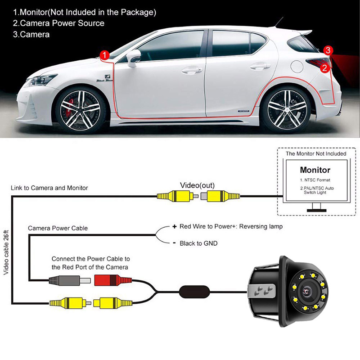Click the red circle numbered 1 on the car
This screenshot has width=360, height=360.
click(104, 55)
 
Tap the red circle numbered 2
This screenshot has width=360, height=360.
click(324, 68)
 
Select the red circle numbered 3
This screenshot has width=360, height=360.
click(328, 50)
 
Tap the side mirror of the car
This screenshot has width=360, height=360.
click(134, 57)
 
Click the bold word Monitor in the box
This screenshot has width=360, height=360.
click(315, 171)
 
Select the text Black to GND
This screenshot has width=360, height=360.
click(198, 243)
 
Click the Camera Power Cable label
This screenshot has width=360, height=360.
click(58, 229)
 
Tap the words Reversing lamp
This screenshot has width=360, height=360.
click(260, 226)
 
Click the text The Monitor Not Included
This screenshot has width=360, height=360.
click(316, 154)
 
